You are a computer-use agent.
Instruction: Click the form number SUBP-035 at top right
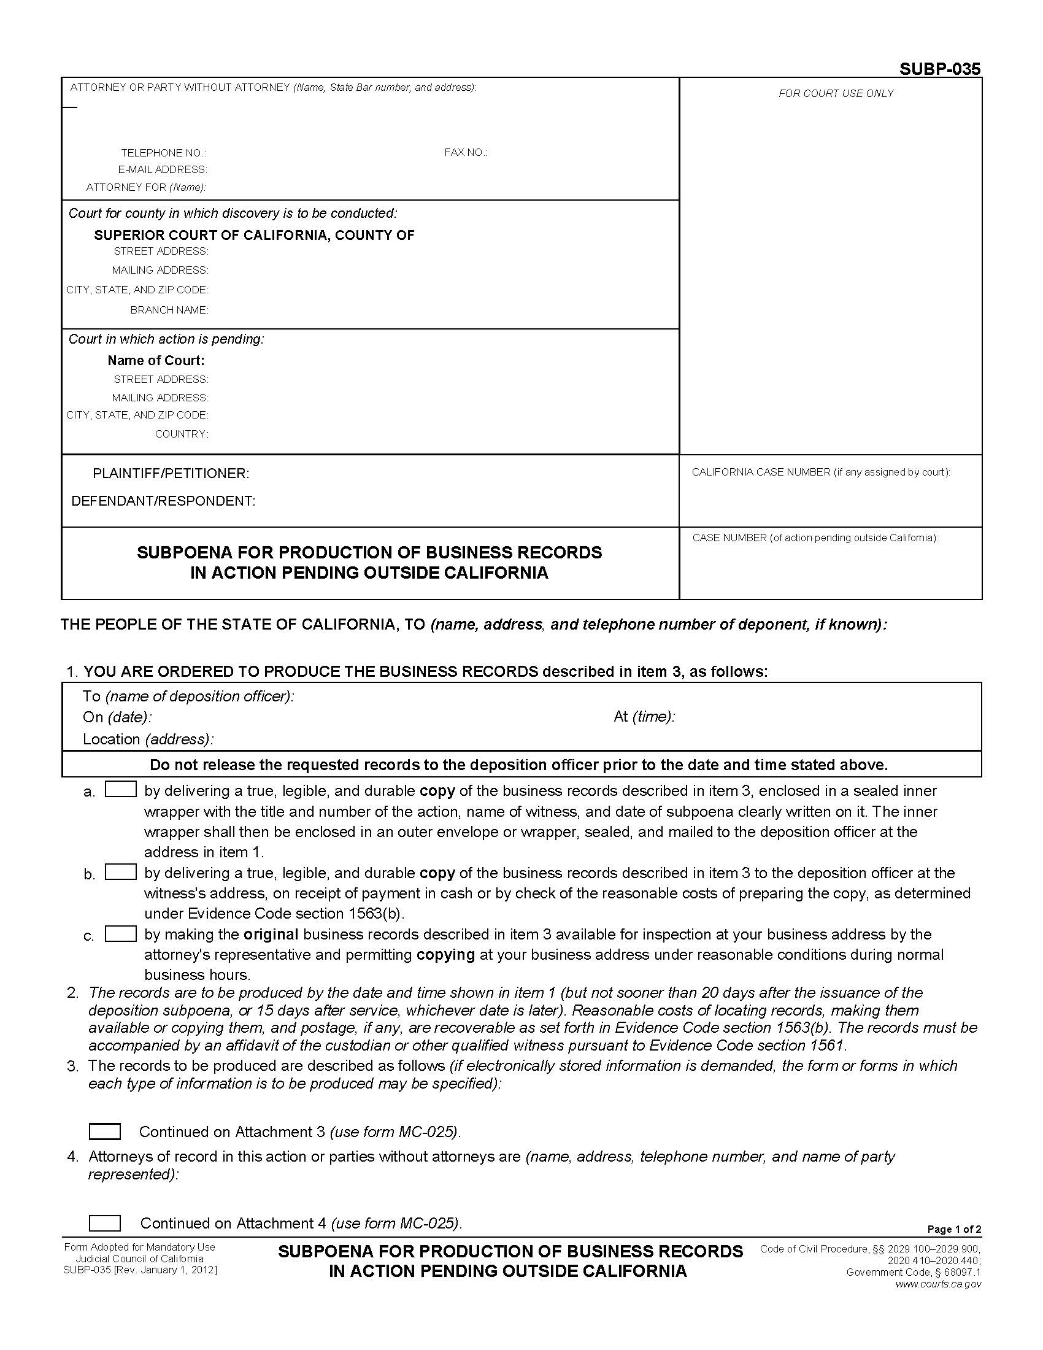939,69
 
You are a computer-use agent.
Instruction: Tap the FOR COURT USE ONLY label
836,93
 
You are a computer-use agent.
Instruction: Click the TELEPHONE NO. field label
164,153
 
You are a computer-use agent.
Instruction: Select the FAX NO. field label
465,152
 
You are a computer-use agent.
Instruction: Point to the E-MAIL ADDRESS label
163,169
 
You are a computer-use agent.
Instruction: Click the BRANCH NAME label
169,310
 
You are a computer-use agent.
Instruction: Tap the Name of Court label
156,360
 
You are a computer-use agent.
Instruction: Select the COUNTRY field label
181,434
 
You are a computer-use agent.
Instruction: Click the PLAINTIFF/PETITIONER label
171,474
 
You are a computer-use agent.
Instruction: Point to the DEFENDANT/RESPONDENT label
163,501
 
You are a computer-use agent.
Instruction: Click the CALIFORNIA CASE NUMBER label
820,472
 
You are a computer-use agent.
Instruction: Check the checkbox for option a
120,789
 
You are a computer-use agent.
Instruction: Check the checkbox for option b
120,871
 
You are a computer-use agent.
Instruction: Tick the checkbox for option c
120,933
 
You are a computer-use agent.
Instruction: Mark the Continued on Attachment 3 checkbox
104,1131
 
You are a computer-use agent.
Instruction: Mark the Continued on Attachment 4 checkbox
104,1222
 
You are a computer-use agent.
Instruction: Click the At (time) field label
644,716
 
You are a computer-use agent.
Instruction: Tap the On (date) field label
117,717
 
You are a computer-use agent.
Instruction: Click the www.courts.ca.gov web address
937,1284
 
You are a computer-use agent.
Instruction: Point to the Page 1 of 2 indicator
953,1230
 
